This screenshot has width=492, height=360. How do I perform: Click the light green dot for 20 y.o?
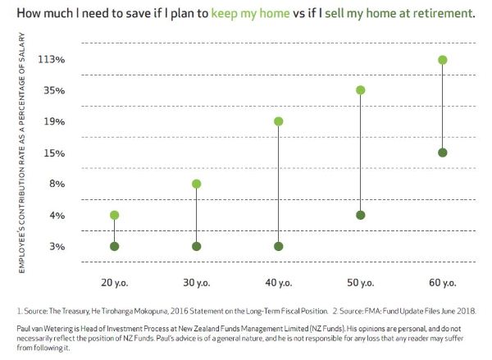115,215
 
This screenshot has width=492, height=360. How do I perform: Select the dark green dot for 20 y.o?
115,246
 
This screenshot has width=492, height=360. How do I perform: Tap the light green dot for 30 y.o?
197,184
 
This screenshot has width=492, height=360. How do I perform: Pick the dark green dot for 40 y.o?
279,246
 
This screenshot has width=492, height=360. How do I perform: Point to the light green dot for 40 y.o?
279,121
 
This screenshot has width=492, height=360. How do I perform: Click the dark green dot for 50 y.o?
361,215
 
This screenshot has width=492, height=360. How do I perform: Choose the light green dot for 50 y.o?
361,90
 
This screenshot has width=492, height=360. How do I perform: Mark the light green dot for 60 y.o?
443,60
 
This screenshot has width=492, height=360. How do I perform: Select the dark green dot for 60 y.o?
443,153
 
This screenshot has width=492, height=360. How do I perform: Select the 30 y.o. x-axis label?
197,283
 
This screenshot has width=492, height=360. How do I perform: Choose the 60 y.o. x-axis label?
443,283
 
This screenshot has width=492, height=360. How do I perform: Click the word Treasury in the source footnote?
73,312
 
